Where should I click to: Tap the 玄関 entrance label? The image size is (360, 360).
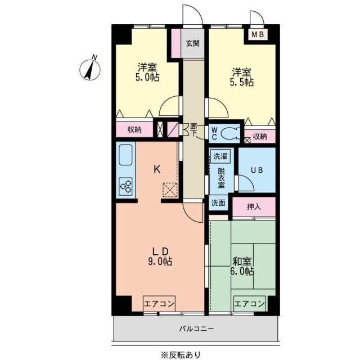[192, 44]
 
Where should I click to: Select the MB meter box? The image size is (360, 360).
[257, 35]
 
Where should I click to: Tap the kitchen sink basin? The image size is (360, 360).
[125, 154]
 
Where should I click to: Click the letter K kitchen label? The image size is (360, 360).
[158, 168]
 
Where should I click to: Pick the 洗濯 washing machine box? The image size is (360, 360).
[219, 156]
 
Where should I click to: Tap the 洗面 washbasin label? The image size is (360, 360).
[219, 203]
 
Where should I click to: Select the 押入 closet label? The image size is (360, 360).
[254, 206]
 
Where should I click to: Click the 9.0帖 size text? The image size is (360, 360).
[160, 261]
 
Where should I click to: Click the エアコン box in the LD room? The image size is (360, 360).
[159, 303]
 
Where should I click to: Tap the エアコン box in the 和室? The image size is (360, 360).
[249, 303]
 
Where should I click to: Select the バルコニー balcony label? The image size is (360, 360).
[197, 328]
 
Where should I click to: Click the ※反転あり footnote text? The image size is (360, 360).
[180, 354]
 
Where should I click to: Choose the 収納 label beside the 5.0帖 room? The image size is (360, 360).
[134, 130]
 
